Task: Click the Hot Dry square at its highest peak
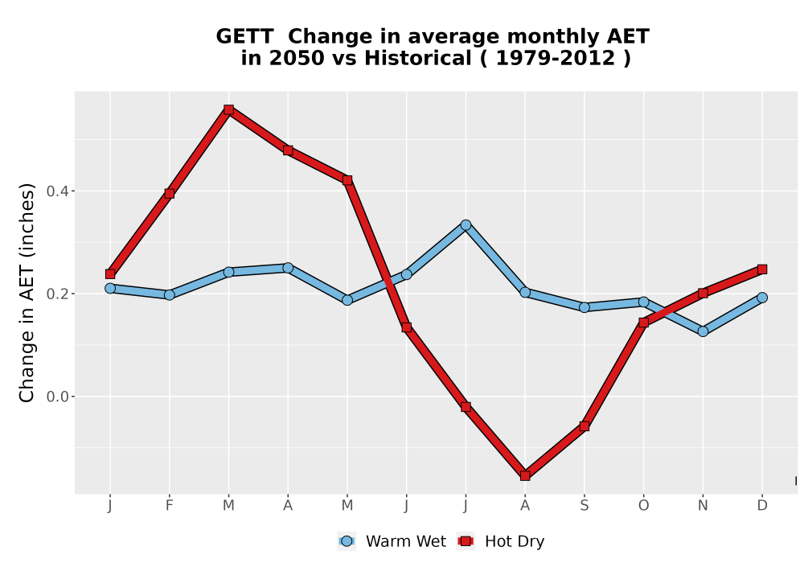[228, 109]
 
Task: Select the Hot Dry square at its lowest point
[525, 476]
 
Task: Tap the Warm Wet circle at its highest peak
[466, 225]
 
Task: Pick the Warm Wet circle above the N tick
[703, 331]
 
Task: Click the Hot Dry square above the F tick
[169, 193]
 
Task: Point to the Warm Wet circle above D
[762, 298]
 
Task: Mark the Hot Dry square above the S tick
[584, 426]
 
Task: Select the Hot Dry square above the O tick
[643, 323]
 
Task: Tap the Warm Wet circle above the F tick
[169, 295]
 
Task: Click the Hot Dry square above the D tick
[762, 269]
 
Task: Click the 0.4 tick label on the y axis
[56, 191]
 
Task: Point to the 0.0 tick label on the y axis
[56, 397]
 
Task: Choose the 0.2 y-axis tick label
[56, 294]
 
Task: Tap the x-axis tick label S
[584, 506]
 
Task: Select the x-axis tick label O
[643, 506]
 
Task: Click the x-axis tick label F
[169, 506]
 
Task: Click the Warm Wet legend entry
[392, 541]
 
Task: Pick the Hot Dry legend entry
[500, 541]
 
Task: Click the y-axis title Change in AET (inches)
[27, 293]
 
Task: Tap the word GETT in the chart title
[244, 37]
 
